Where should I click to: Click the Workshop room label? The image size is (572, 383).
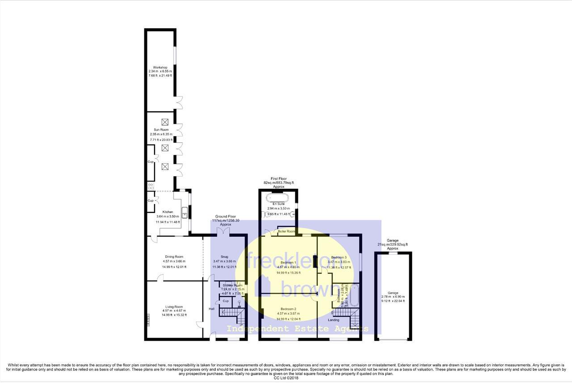point(160,68)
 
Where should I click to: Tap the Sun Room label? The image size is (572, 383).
point(161,130)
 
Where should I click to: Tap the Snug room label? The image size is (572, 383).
point(224,257)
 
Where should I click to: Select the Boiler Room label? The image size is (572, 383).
point(286,232)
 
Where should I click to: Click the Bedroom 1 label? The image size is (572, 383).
point(288,262)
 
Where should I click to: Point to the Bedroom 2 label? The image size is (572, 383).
point(288,309)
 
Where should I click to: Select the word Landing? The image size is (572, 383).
point(333,320)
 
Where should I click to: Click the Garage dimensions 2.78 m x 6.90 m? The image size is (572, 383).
point(393,297)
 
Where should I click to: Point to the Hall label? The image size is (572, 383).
point(212,309)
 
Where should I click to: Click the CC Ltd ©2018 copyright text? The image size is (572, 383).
point(286,378)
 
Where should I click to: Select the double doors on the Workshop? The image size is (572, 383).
point(179,102)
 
